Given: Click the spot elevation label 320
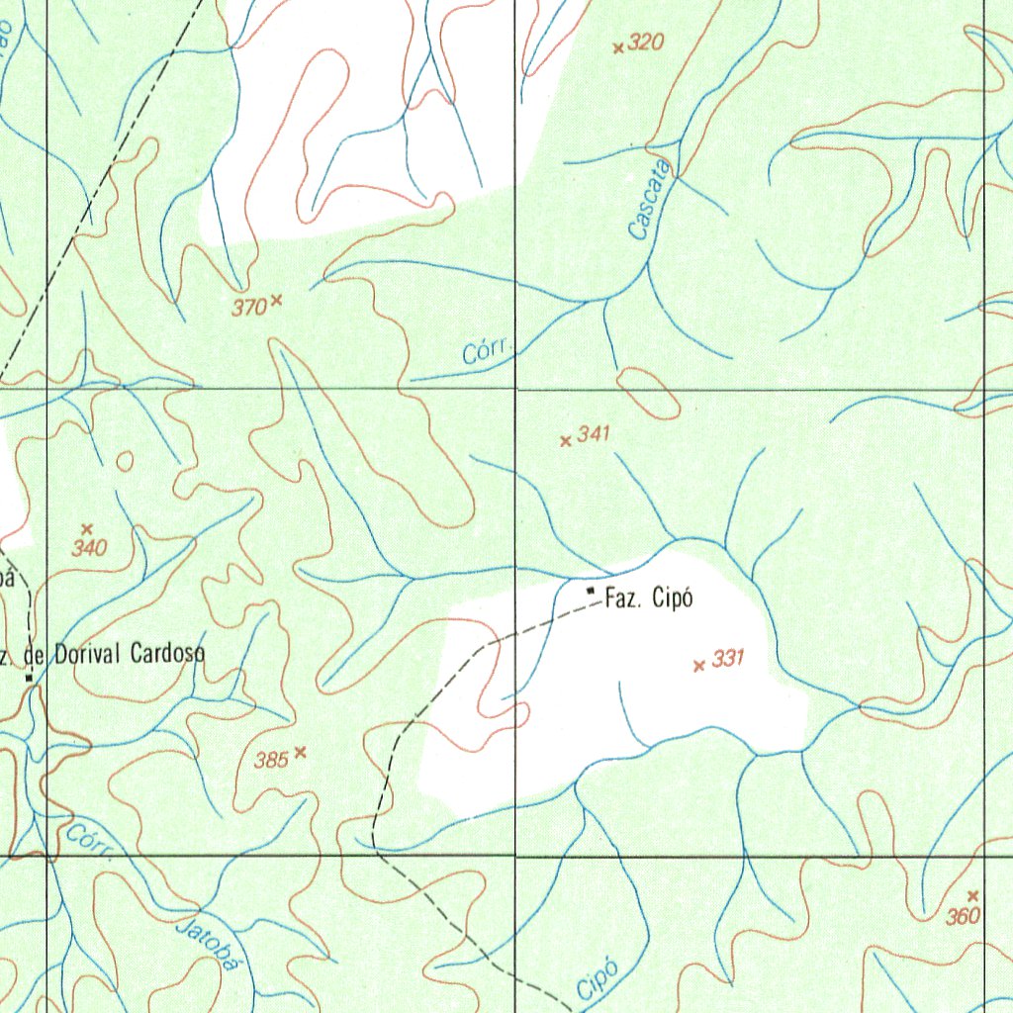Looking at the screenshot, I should (645, 42).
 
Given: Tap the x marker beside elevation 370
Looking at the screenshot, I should (276, 299).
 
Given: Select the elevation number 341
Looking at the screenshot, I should (595, 433).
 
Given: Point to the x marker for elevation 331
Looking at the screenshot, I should (699, 666).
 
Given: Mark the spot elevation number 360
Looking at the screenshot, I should (962, 917).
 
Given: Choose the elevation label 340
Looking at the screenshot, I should (89, 549).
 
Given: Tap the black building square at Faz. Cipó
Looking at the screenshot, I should (591, 591).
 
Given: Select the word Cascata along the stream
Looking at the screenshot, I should (650, 203).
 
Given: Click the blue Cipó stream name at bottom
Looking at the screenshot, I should (597, 979).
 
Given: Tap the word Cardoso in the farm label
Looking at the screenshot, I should (164, 654).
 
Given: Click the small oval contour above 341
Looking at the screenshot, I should (648, 393).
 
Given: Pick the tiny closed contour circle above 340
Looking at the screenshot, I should (125, 461).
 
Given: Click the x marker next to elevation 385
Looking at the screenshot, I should (301, 752).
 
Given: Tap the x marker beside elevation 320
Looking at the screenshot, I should (618, 47).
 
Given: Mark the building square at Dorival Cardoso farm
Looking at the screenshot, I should (30, 679).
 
